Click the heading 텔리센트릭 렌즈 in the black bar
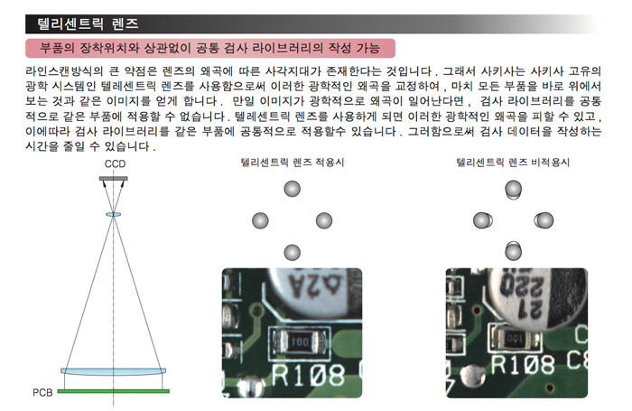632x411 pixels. [x=88, y=23]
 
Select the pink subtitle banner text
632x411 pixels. [x=209, y=48]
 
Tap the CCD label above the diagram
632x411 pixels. [x=115, y=163]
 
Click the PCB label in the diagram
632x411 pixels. [x=42, y=392]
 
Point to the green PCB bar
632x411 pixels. [x=113, y=391]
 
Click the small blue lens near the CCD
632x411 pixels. [x=113, y=215]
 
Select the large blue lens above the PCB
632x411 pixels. [x=113, y=371]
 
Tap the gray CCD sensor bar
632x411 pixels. [x=114, y=178]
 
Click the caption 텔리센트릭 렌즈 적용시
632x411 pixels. [x=293, y=163]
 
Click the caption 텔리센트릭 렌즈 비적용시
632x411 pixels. [x=513, y=163]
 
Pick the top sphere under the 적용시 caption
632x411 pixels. [x=293, y=189]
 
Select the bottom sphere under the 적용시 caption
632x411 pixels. [x=293, y=253]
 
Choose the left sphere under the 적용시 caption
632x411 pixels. [x=260, y=221]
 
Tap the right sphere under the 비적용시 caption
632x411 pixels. [x=544, y=220]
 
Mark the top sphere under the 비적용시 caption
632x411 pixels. [x=514, y=190]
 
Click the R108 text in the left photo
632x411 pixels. [x=308, y=375]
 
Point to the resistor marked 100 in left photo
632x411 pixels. [x=300, y=342]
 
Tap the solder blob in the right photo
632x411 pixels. [x=474, y=376]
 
